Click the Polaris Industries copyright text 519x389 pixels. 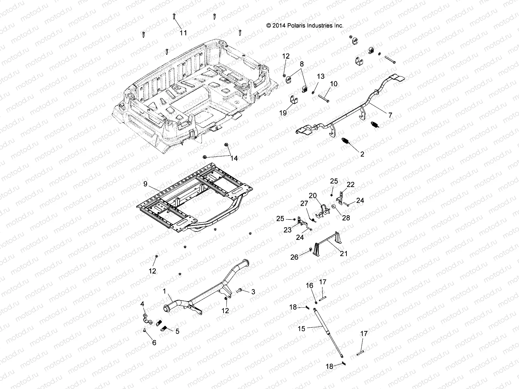[304, 26]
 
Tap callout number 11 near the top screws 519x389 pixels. [183, 33]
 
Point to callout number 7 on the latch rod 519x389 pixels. [390, 115]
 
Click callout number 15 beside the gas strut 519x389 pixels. [301, 328]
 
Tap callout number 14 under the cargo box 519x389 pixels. [234, 158]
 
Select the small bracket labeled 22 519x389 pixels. [341, 197]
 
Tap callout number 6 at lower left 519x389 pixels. [154, 342]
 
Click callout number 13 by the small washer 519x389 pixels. [320, 77]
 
